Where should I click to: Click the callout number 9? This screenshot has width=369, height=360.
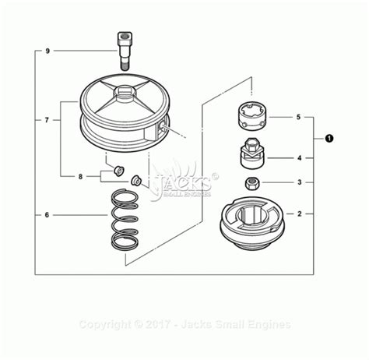[47, 51]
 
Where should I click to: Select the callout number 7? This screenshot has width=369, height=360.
[47, 121]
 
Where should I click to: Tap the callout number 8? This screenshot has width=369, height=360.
[80, 177]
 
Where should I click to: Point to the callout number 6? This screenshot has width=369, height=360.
[47, 214]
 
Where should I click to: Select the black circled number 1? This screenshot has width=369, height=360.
[329, 139]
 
